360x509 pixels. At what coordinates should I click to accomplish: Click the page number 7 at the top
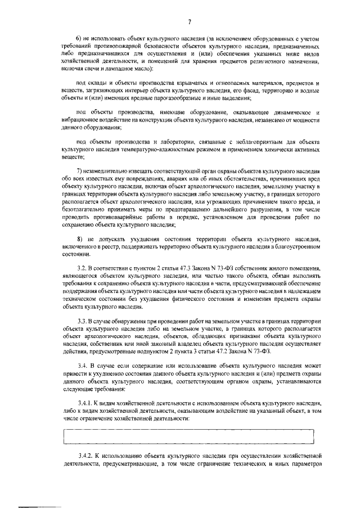(x=190, y=22)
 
